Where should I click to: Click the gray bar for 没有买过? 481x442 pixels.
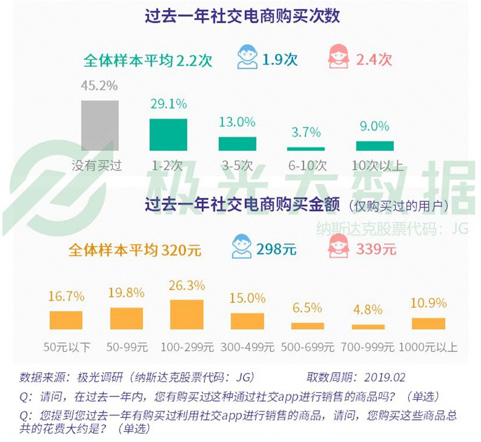(99, 126)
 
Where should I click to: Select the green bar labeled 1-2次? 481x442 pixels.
(169, 135)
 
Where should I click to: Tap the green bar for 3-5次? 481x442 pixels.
(237, 144)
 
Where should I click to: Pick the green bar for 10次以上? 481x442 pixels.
(375, 146)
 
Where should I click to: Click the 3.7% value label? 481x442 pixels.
(306, 133)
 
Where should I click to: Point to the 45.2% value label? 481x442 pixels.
(99, 86)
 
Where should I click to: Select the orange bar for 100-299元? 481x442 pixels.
(187, 315)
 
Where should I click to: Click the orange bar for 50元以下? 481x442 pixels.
(66, 320)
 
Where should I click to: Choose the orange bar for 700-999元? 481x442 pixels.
(368, 327)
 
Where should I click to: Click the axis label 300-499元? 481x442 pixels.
(247, 347)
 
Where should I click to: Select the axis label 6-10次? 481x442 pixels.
(306, 165)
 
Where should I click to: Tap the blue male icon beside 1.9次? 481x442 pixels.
(247, 58)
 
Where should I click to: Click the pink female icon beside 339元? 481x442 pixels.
(338, 246)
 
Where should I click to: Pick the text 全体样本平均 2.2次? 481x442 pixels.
(148, 60)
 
